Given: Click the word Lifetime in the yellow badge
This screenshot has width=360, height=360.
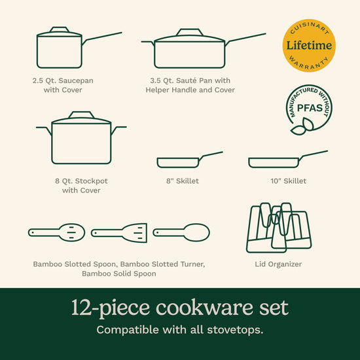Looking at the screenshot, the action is (309, 45).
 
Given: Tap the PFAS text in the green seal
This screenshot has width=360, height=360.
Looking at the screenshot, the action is (310, 108).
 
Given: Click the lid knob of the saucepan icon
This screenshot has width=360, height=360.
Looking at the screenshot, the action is (60, 29).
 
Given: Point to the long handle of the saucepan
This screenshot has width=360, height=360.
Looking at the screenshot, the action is (102, 37).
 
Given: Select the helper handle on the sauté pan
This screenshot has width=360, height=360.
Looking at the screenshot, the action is (148, 43).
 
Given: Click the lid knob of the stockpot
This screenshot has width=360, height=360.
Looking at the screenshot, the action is (82, 115).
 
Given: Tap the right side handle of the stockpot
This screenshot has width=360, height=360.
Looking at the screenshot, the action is (118, 130).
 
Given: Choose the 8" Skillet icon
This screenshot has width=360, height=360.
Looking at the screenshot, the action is (190, 160).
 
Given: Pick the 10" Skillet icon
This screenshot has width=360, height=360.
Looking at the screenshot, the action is (288, 159).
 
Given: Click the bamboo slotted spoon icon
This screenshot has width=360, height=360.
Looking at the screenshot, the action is (56, 232).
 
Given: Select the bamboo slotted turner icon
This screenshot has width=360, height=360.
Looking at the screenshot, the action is (119, 233).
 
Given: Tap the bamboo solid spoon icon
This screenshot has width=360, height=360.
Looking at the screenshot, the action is (181, 232).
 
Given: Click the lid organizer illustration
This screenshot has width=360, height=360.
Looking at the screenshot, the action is (278, 228).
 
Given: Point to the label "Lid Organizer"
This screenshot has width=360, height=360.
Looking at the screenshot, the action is (278, 264).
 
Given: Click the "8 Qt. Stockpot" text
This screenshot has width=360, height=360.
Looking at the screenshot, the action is (81, 181).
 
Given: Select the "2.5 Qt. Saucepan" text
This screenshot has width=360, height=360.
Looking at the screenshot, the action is (63, 81).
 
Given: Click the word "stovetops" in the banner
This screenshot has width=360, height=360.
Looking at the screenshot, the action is (235, 330).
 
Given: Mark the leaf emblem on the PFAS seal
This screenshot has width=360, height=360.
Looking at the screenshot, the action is (302, 127).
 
